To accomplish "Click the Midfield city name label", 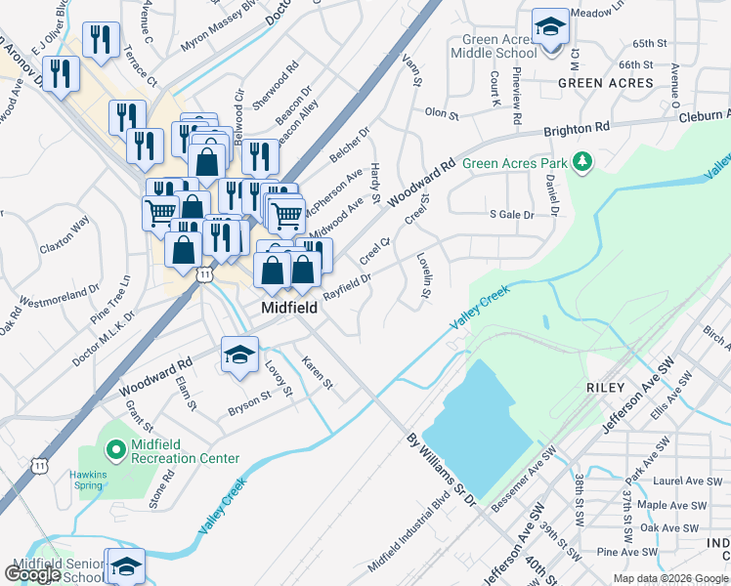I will click(x=288, y=308).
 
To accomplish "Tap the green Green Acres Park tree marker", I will click(x=582, y=161).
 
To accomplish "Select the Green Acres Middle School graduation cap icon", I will click(x=550, y=26).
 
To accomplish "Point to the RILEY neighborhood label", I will click(x=605, y=388).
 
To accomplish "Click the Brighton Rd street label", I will click(x=577, y=129).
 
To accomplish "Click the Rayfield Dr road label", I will click(x=347, y=285).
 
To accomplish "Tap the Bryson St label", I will click(x=248, y=401).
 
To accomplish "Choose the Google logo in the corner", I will click(x=32, y=574).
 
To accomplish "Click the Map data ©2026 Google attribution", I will click(x=670, y=578).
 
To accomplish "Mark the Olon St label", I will click(x=442, y=114).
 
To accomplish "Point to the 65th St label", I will click(x=649, y=44).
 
